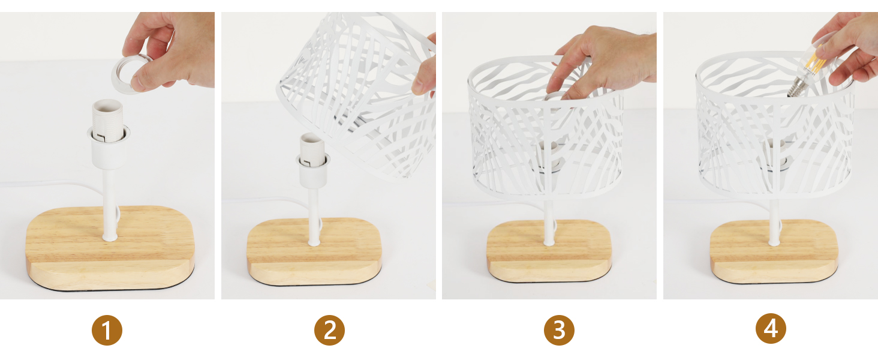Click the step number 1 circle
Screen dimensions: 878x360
pyautogui.click(x=107, y=330)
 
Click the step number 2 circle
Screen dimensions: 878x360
pyautogui.click(x=329, y=330)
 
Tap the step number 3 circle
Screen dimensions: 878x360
pyautogui.click(x=559, y=330)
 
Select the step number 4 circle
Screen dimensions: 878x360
pyautogui.click(x=771, y=329)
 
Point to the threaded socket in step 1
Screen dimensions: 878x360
pyautogui.click(x=108, y=121)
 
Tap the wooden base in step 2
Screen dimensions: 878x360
pyautogui.click(x=314, y=251)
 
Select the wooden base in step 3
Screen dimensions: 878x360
pyautogui.click(x=549, y=251)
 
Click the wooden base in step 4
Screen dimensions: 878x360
pyautogui.click(x=774, y=251)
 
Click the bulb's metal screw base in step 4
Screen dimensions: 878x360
pyautogui.click(x=796, y=88)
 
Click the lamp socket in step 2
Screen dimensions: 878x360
pyautogui.click(x=312, y=159)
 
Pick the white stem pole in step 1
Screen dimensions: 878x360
pyautogui.click(x=109, y=204)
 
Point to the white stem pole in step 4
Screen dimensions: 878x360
pyautogui.click(x=774, y=222)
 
